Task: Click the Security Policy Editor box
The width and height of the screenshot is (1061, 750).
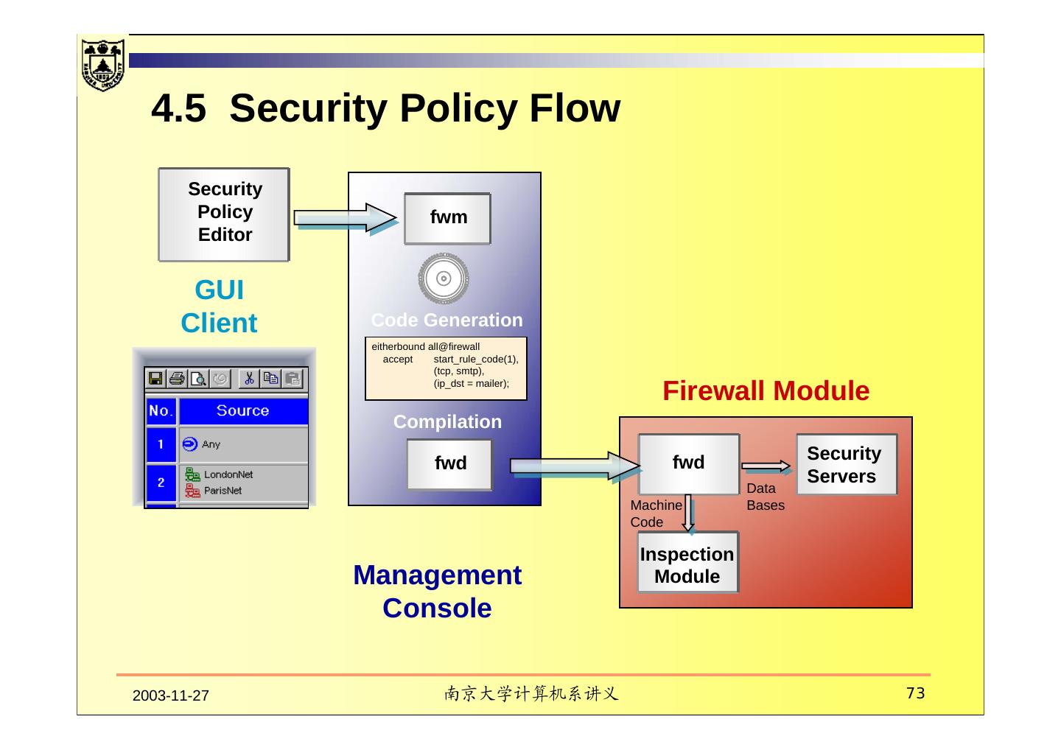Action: pyautogui.click(x=224, y=214)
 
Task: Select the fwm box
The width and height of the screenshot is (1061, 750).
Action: pyautogui.click(x=448, y=218)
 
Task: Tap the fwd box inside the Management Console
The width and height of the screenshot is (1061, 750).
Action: pyautogui.click(x=449, y=464)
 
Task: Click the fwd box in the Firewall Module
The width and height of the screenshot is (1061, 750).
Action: pyautogui.click(x=689, y=464)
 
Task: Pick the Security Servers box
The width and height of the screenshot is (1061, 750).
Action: pyautogui.click(x=847, y=464)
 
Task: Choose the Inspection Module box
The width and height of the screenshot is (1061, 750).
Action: pyautogui.click(x=687, y=563)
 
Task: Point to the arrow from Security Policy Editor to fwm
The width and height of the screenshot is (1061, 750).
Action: pyautogui.click(x=346, y=218)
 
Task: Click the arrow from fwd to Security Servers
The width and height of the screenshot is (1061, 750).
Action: pyautogui.click(x=766, y=467)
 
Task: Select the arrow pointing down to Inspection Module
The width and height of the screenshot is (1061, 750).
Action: pyautogui.click(x=689, y=514)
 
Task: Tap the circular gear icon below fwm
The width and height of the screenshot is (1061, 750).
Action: pyautogui.click(x=444, y=278)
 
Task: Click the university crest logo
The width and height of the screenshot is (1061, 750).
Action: pyautogui.click(x=103, y=65)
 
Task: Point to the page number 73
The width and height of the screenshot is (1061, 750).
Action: pyautogui.click(x=916, y=693)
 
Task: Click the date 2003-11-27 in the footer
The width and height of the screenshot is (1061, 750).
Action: pyautogui.click(x=170, y=695)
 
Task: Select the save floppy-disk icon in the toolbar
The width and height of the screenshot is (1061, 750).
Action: pyautogui.click(x=155, y=379)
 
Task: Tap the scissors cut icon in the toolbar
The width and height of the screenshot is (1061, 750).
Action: pyautogui.click(x=249, y=379)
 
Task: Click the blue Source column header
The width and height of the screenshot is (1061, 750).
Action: pyautogui.click(x=243, y=410)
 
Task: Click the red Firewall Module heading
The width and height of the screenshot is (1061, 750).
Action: pyautogui.click(x=766, y=391)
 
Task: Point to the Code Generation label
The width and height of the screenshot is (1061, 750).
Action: pyautogui.click(x=447, y=320)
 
